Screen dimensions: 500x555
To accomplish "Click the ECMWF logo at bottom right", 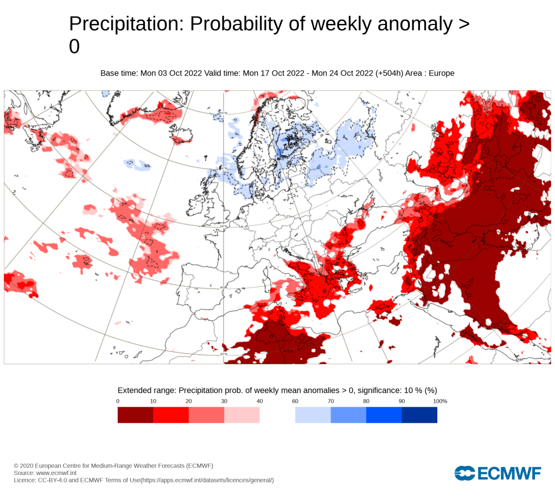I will [498, 473].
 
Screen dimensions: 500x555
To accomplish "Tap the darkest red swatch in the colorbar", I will [135, 415].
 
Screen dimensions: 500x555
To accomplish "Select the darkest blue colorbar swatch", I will [419, 415].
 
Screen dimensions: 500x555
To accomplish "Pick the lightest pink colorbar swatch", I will [242, 415].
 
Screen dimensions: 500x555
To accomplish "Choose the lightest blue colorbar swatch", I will [313, 415].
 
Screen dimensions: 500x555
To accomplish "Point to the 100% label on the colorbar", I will [440, 401].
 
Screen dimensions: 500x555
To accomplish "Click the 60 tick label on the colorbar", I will [295, 401].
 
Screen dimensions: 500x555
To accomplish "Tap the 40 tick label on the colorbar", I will [260, 401].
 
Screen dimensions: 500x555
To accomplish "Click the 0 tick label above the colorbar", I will [118, 401].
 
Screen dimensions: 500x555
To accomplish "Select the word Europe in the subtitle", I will [442, 73].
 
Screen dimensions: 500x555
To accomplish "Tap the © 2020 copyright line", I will [113, 466].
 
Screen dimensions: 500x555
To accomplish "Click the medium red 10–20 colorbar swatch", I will [171, 415].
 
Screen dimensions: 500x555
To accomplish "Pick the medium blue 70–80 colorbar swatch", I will [348, 415].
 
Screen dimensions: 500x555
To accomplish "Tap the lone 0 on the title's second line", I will [74, 47].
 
